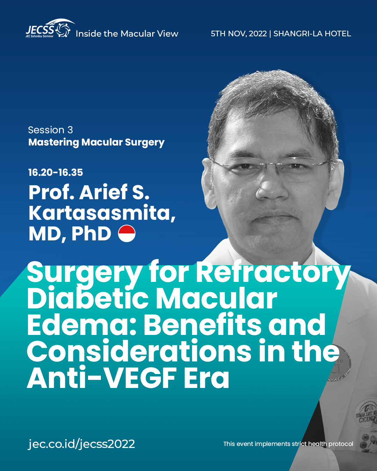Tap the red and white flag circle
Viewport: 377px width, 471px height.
pyautogui.click(x=127, y=233)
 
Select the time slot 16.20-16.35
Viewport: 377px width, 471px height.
pyautogui.click(x=56, y=172)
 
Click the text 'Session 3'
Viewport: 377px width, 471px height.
pyautogui.click(x=50, y=130)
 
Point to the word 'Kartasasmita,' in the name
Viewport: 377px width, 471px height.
pyautogui.click(x=102, y=213)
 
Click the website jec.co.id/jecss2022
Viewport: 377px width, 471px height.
pyautogui.click(x=81, y=444)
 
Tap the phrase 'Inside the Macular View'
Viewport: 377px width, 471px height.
pyautogui.click(x=127, y=34)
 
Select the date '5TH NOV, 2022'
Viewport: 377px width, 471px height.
pyautogui.click(x=239, y=34)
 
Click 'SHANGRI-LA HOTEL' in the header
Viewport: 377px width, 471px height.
pyautogui.click(x=312, y=34)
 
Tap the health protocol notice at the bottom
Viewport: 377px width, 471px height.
pyautogui.click(x=288, y=444)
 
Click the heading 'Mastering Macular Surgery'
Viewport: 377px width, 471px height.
pyautogui.click(x=96, y=142)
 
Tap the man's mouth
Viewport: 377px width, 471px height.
pyautogui.click(x=276, y=215)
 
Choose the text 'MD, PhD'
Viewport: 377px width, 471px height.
pyautogui.click(x=70, y=234)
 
